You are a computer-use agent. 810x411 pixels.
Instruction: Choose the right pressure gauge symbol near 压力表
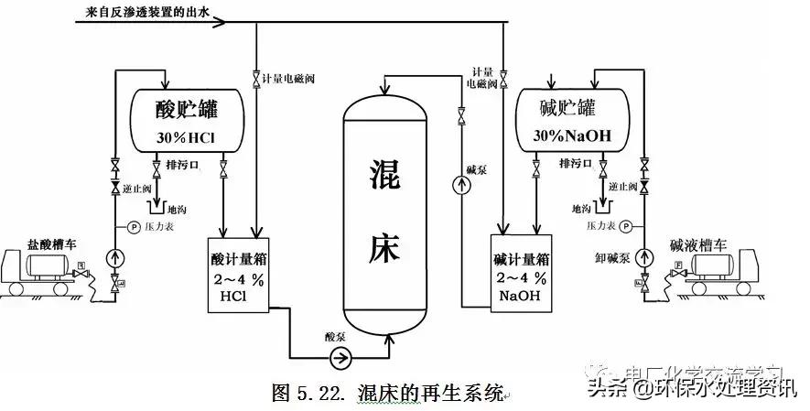coord(625,225)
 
